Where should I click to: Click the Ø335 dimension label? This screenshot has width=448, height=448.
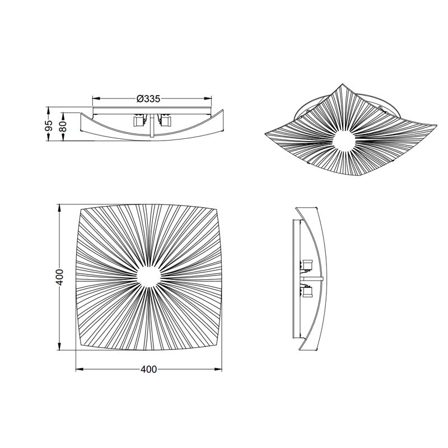tap(148, 99)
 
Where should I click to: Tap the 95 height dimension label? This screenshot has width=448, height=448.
tap(49, 125)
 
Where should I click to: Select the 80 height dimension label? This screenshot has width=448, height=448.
tap(63, 127)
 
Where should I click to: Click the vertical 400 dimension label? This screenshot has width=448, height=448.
tap(59, 277)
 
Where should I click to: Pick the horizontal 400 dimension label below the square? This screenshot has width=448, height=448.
tap(148, 370)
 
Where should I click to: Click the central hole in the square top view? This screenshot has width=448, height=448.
tap(148, 277)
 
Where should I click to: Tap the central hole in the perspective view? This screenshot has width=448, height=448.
tap(344, 141)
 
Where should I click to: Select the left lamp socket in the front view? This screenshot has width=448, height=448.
tap(139, 120)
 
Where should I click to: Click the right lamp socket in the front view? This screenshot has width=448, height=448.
tap(165, 120)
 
